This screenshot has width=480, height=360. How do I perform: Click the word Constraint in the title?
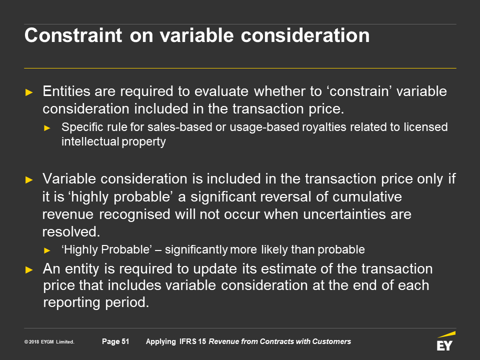pos(73,35)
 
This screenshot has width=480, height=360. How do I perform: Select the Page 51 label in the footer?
pos(115,341)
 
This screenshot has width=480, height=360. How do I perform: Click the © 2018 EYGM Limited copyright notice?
pos(49,341)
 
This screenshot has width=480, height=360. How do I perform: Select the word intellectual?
pos(90,141)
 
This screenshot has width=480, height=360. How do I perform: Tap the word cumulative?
pos(367,196)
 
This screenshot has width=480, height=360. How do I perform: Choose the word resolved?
pos(71,231)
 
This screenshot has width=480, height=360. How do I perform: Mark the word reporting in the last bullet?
pos(71,303)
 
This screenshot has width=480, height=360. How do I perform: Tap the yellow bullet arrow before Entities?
pos(29,92)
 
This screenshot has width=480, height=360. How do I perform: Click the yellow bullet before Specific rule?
pos(47,128)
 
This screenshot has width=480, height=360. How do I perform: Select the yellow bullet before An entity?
pos(29,269)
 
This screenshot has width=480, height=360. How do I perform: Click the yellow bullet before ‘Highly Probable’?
pos(47,250)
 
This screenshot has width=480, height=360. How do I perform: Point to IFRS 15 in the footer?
pos(192,341)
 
